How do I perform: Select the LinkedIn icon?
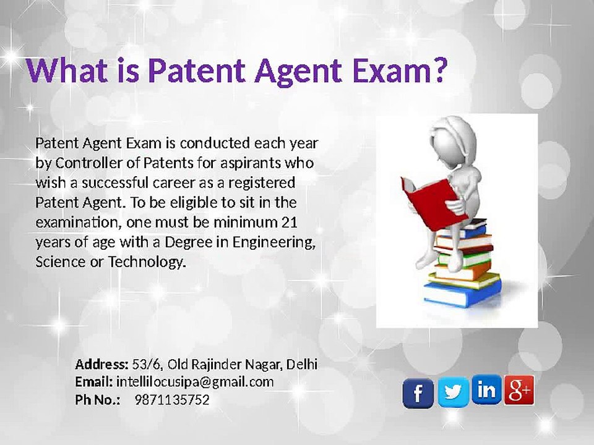[486, 389]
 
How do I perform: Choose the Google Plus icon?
[519, 389]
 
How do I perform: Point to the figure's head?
[455, 139]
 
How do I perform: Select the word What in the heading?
[66, 71]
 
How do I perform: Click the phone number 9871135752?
[172, 400]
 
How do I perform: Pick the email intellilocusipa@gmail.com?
[195, 382]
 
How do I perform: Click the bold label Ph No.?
[98, 400]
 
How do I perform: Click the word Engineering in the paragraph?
[272, 242]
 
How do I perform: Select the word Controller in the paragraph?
[89, 164]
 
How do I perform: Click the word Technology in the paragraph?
[147, 262]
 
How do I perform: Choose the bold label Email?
[94, 382]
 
